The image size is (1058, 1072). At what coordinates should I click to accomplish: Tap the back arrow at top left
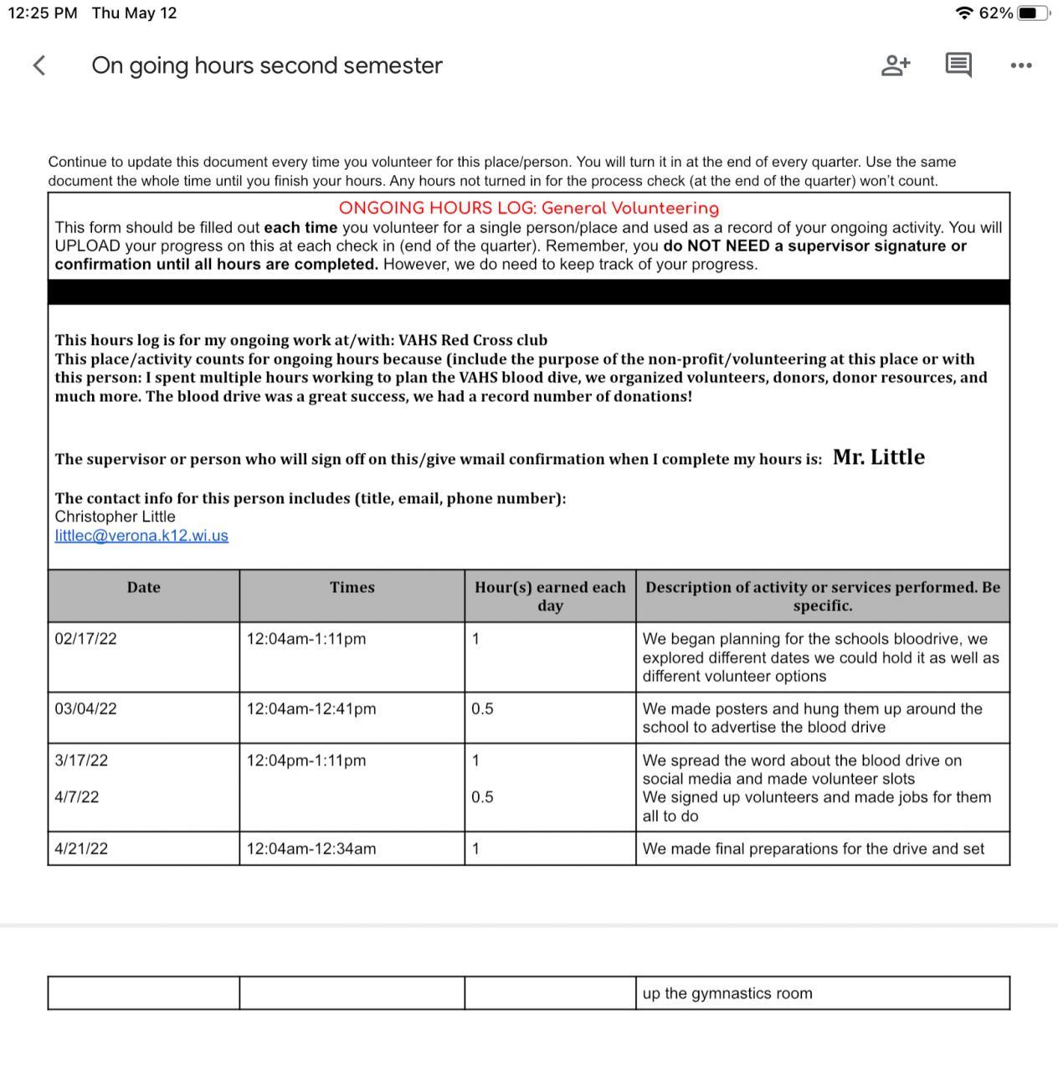[39, 65]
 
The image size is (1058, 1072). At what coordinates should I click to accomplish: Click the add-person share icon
[896, 65]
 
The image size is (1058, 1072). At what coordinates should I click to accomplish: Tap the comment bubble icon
[958, 64]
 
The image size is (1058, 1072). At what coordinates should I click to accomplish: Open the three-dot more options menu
[1021, 65]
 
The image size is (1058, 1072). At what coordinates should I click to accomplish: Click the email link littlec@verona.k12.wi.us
[141, 536]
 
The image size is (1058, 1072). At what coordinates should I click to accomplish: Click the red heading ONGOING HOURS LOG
[528, 209]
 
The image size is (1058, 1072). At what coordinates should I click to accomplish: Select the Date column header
[143, 588]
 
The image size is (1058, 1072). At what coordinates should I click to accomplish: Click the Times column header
[352, 588]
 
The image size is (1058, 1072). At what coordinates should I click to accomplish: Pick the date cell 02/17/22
[86, 639]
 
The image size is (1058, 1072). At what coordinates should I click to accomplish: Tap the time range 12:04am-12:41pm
[311, 709]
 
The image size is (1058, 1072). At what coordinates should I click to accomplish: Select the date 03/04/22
[86, 709]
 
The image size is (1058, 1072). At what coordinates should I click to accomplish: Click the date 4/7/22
[77, 797]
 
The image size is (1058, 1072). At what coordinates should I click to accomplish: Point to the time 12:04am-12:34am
[311, 849]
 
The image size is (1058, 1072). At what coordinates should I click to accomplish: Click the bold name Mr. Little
[879, 457]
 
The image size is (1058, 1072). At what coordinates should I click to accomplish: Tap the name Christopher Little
[116, 517]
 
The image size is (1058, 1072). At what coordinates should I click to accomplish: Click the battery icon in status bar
[1033, 13]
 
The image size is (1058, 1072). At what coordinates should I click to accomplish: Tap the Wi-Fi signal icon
[964, 13]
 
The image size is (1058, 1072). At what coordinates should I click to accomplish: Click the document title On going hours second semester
[267, 65]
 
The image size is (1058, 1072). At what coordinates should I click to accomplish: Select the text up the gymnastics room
[727, 994]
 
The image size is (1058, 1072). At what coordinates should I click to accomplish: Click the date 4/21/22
[81, 849]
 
